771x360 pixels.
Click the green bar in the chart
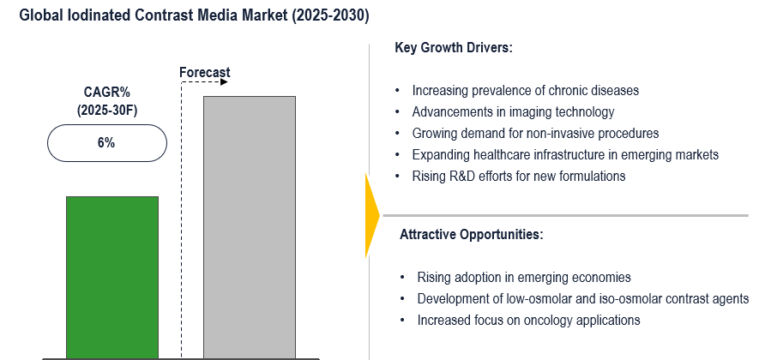112,278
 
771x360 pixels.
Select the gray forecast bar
250,227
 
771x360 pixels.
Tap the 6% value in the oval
106,143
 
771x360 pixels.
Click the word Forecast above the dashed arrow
205,73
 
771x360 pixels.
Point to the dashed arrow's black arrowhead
224,82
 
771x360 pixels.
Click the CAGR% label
106,93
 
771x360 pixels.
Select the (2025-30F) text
106,111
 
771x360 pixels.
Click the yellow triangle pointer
372,214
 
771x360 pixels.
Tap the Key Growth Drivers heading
454,48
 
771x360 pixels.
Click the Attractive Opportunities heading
472,234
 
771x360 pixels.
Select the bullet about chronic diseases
525,90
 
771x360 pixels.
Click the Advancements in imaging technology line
513,112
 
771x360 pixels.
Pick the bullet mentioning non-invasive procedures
535,133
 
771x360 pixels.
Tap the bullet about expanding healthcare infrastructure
565,154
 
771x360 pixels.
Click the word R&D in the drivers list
461,176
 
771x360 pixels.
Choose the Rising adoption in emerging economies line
524,277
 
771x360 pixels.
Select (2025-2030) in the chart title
330,15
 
